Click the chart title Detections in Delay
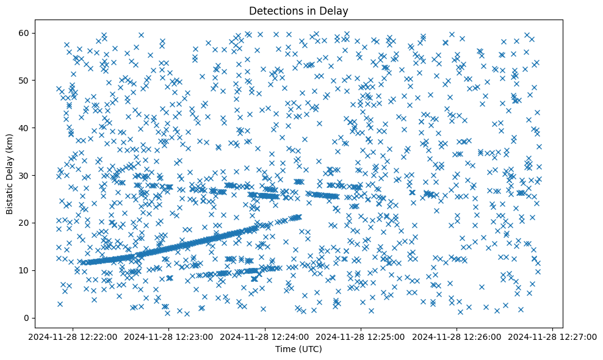point(298,10)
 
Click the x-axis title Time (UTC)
point(298,350)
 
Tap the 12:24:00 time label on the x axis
point(265,336)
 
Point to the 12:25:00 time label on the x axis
point(361,336)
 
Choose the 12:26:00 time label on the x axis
point(457,336)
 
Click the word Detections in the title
point(277,10)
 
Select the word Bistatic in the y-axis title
point(10,196)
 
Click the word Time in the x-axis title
point(286,350)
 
